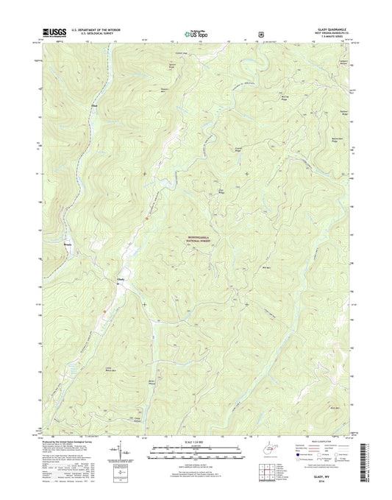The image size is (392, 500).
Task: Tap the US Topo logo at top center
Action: tap(196, 32)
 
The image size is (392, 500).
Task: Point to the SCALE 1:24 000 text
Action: tap(195, 441)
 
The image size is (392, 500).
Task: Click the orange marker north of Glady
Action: tap(146, 217)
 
